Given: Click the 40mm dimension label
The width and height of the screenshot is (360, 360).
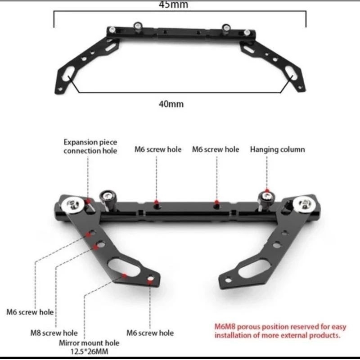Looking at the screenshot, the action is tap(171, 103).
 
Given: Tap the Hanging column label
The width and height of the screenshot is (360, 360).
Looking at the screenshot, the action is tap(277, 149).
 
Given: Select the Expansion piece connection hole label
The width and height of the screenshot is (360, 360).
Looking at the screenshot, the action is tap(90, 146).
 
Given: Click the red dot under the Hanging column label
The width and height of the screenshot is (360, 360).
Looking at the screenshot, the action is tap(266, 191).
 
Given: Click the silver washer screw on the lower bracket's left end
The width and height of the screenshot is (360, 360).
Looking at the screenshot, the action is tap(75, 205).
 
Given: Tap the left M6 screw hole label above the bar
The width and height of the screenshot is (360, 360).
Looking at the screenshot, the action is tap(158, 149).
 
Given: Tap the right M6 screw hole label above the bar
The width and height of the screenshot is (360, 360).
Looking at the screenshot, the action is tap(216, 149).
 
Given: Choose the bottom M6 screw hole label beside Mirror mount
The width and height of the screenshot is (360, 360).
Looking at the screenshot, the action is tap(150, 333).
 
